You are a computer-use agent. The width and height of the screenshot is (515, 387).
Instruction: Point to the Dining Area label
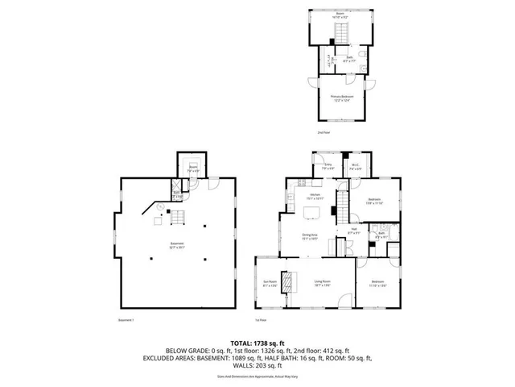[310, 236]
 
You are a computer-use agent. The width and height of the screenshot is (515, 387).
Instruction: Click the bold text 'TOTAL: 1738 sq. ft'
[257, 343]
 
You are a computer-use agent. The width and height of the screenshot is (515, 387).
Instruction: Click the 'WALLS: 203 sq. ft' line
[257, 365]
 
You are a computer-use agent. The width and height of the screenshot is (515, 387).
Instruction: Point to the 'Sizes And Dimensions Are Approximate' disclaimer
[257, 377]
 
